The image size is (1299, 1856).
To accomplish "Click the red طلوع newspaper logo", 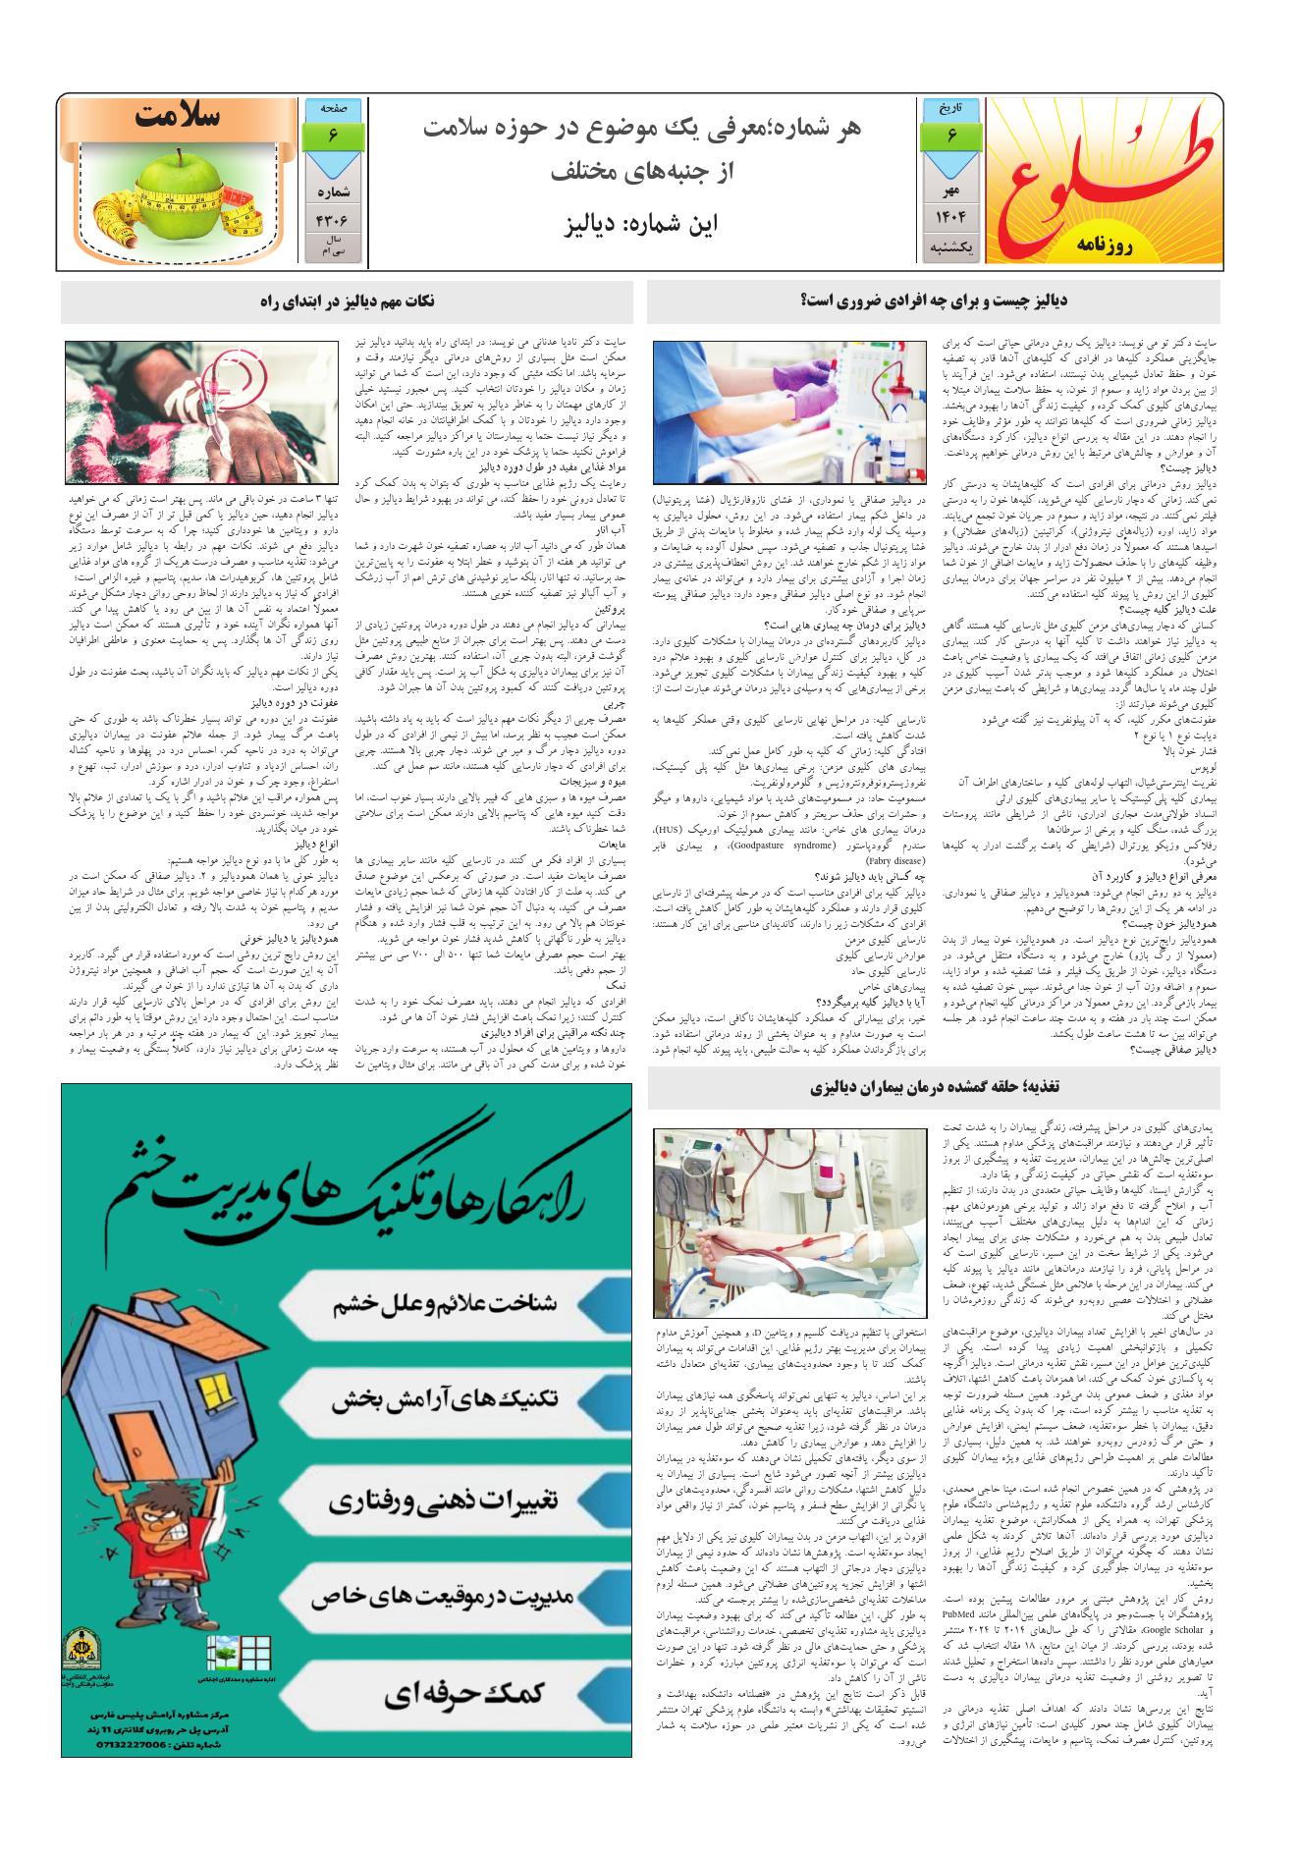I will (1106, 172).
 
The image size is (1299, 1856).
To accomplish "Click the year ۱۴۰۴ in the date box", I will (951, 215).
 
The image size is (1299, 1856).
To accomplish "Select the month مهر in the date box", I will (951, 187).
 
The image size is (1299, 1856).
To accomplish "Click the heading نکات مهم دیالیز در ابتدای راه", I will (347, 301).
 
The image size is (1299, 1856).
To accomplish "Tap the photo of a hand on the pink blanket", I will (200, 412).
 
